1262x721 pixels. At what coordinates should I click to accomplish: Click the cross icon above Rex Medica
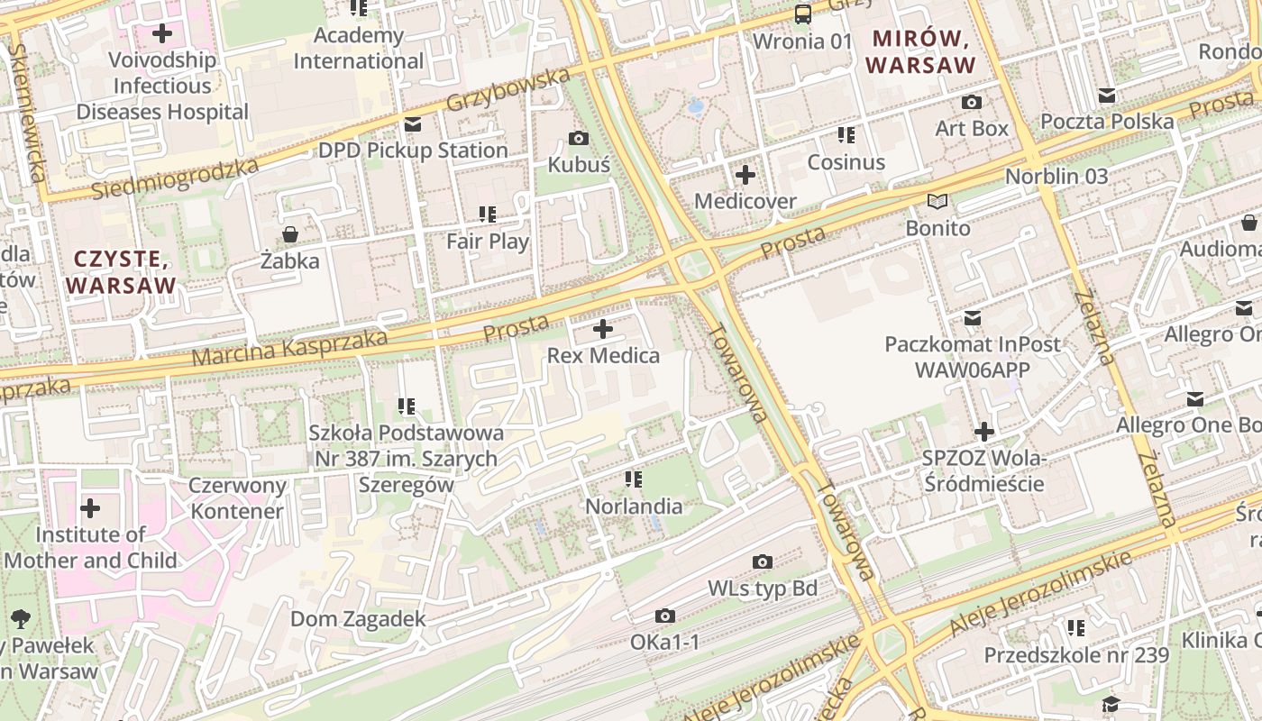pyautogui.click(x=603, y=329)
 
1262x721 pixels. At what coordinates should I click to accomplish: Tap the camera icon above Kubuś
pyautogui.click(x=579, y=138)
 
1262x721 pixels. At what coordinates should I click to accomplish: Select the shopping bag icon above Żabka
pyautogui.click(x=290, y=235)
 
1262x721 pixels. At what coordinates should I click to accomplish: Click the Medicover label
pyautogui.click(x=745, y=201)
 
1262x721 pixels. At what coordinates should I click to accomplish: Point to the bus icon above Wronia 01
pyautogui.click(x=802, y=14)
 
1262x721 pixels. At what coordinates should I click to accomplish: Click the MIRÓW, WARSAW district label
pyautogui.click(x=920, y=52)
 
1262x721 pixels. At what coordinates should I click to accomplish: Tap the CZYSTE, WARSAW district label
pyautogui.click(x=121, y=272)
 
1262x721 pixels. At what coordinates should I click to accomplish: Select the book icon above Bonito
pyautogui.click(x=938, y=202)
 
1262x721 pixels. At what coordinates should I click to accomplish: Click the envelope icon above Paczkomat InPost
pyautogui.click(x=973, y=318)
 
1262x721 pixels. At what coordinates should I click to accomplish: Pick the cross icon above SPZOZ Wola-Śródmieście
pyautogui.click(x=983, y=432)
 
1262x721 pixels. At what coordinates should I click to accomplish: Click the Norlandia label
pyautogui.click(x=634, y=507)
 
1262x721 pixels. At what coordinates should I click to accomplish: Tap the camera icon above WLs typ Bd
pyautogui.click(x=763, y=562)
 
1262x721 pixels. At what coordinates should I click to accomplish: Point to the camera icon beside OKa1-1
pyautogui.click(x=665, y=616)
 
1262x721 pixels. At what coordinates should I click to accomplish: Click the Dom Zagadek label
pyautogui.click(x=358, y=619)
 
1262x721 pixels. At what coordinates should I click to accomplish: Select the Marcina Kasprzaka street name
pyautogui.click(x=289, y=348)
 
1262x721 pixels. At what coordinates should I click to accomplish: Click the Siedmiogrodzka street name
pyautogui.click(x=175, y=178)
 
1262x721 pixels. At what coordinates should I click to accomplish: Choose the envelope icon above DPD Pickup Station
pyautogui.click(x=413, y=124)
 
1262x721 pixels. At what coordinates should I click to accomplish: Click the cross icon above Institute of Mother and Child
pyautogui.click(x=90, y=508)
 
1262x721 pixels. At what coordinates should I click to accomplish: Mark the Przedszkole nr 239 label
pyautogui.click(x=1076, y=655)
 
